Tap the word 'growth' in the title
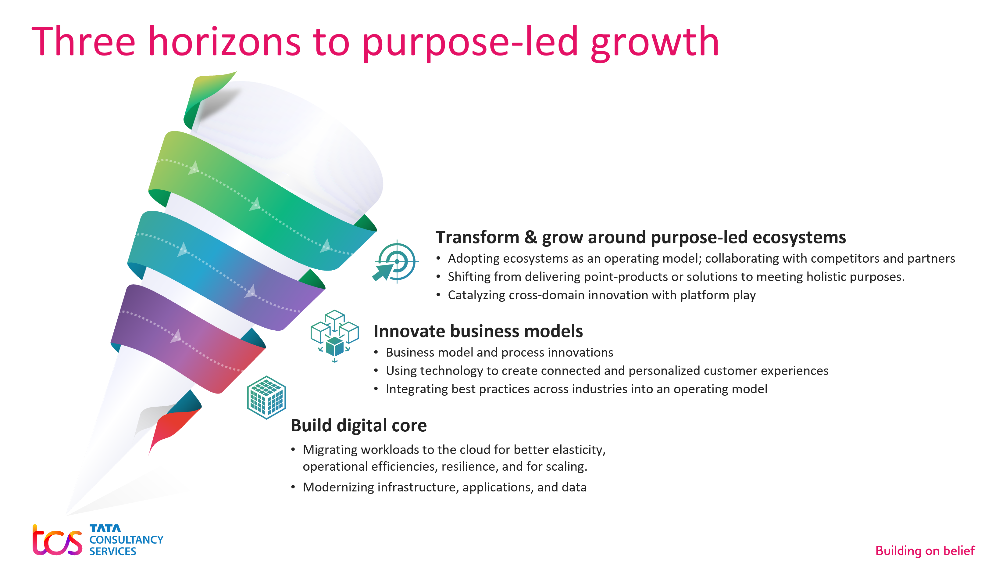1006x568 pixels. tap(655, 43)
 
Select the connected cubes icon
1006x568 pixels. tap(334, 336)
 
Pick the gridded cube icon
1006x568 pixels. tap(267, 397)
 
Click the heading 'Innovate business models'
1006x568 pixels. tap(478, 331)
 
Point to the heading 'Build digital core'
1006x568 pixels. tap(359, 425)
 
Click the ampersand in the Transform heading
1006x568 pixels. tap(530, 237)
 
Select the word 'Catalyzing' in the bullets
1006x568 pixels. tap(476, 295)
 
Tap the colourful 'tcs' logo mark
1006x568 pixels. tap(57, 540)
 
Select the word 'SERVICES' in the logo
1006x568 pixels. tap(112, 551)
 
